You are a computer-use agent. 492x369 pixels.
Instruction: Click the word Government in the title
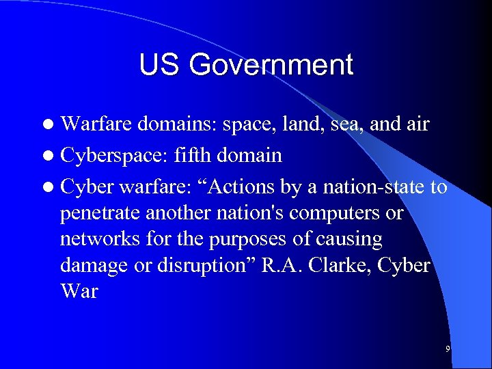coord(271,66)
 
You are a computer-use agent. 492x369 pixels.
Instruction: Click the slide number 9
coord(448,349)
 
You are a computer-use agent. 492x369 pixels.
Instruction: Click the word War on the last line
coord(79,291)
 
